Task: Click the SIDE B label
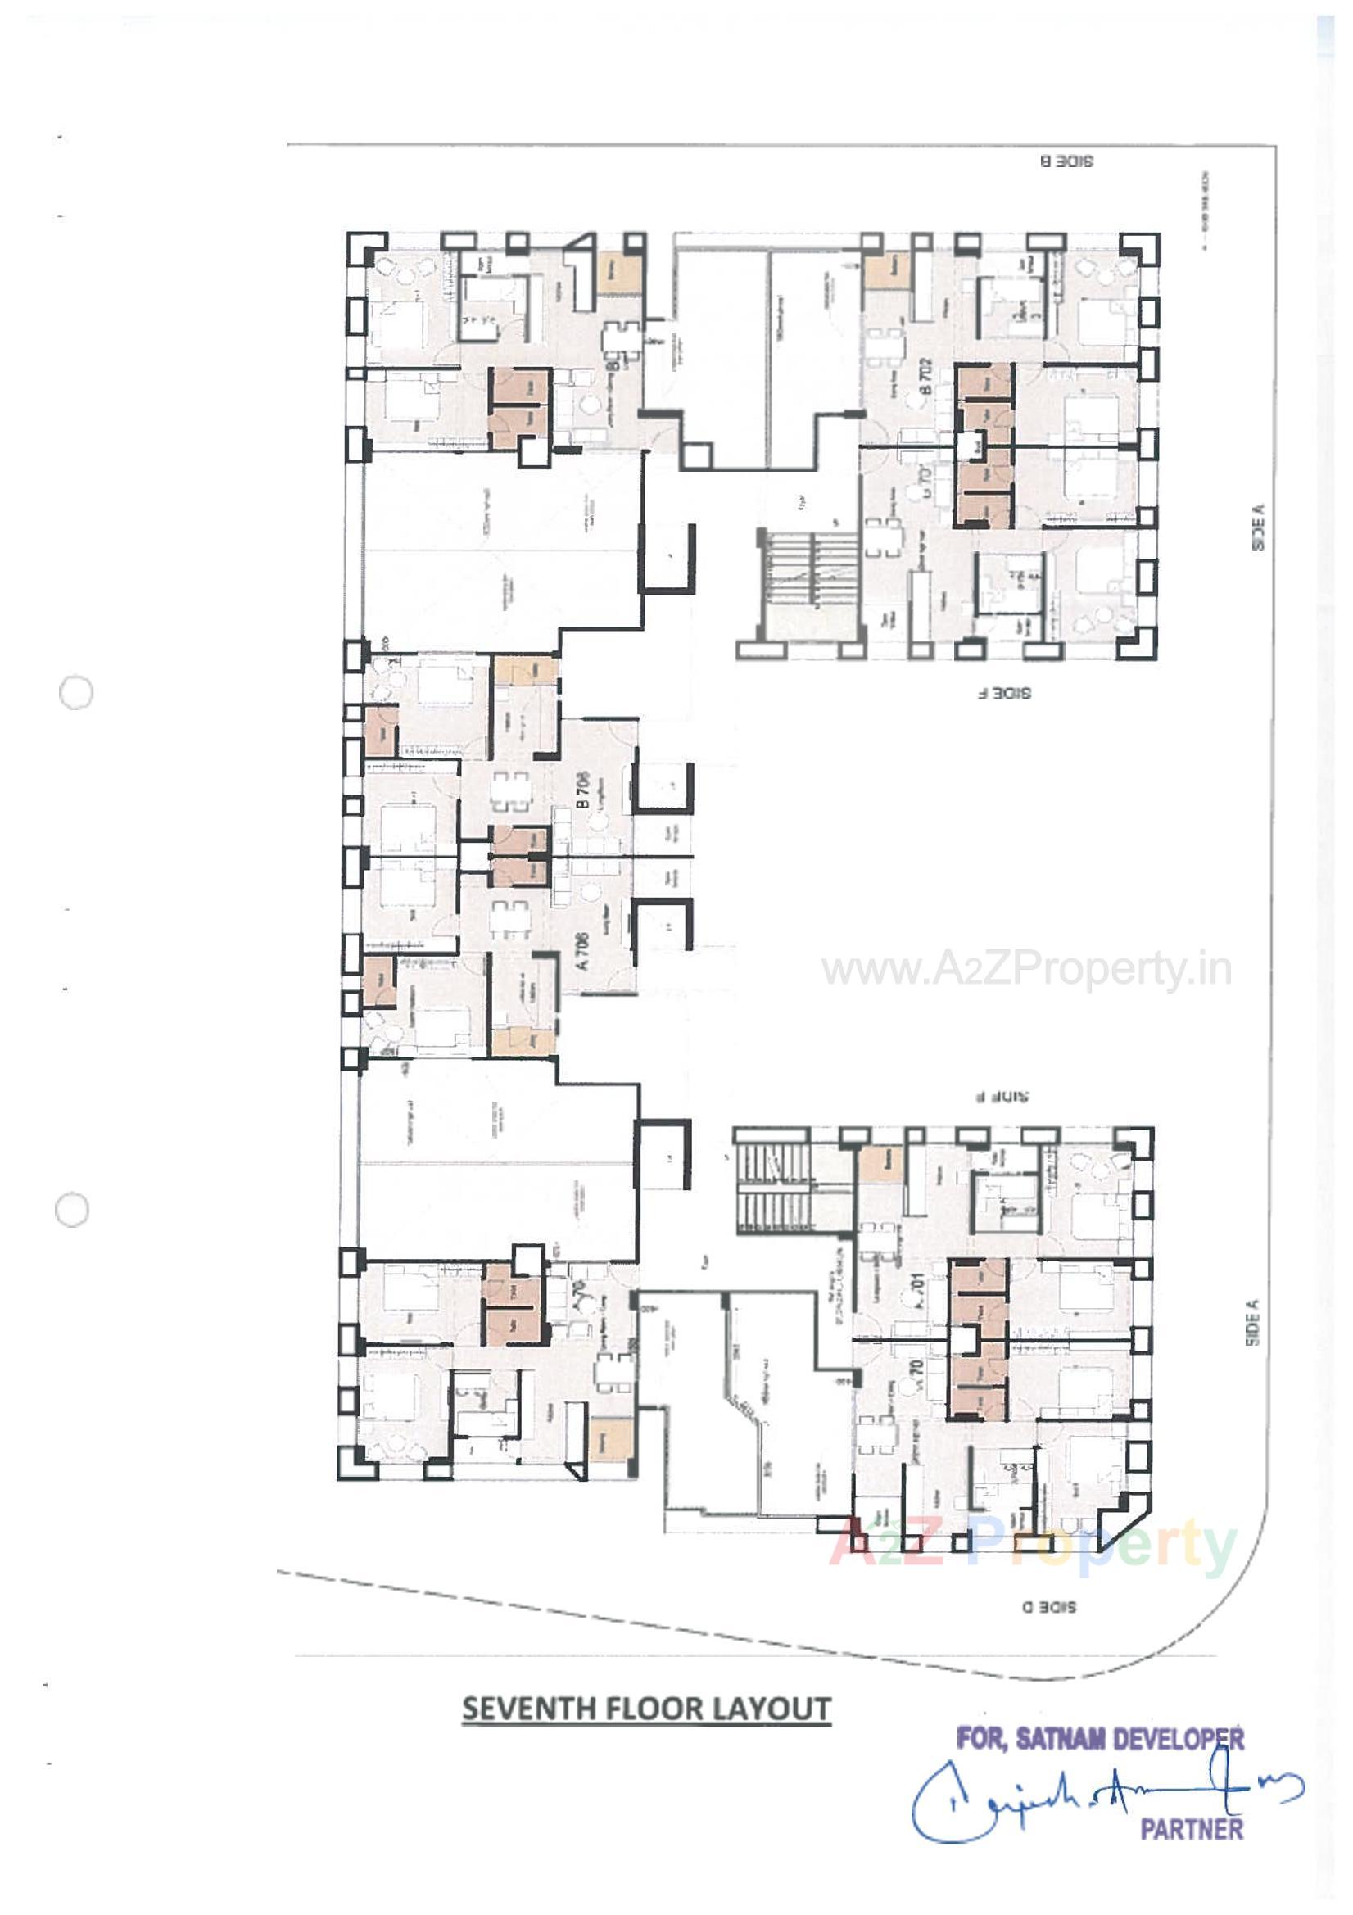click(x=1066, y=161)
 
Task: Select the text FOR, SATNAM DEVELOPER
click(x=1100, y=1740)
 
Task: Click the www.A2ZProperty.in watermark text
click(x=1027, y=970)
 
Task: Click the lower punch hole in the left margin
click(x=73, y=1211)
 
